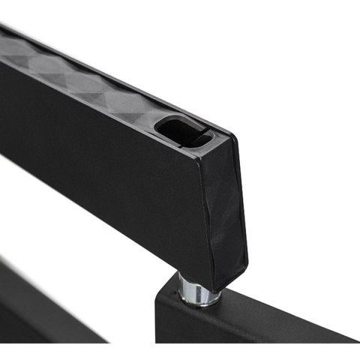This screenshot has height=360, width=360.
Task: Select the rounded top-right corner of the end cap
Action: click(x=232, y=139)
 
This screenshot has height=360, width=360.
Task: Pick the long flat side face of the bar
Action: click(x=112, y=157)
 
